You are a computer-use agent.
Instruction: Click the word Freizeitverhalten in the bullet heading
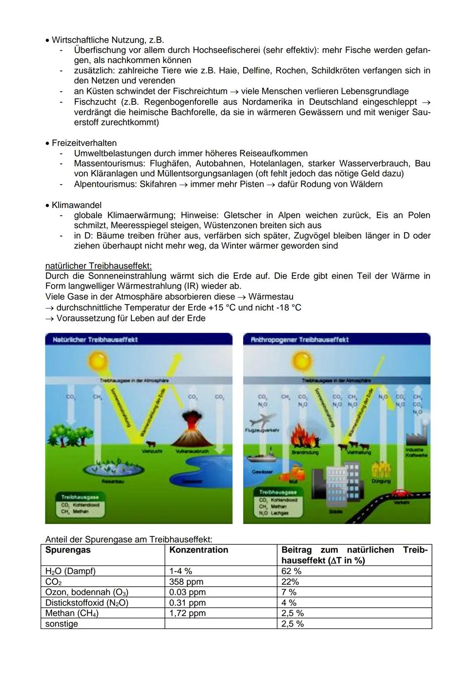coord(84,143)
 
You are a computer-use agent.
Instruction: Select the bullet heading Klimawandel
coord(77,205)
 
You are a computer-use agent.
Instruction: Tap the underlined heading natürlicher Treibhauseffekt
coord(98,266)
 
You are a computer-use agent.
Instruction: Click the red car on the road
coord(401,492)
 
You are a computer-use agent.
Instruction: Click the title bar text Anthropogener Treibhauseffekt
coord(300,339)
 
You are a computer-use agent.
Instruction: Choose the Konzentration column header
coord(199,550)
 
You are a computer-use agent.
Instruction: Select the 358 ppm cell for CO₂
coord(186,582)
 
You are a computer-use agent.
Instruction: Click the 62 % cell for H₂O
coord(291,571)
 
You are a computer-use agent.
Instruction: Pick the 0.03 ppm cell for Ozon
coord(187,592)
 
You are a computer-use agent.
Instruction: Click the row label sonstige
coord(62,624)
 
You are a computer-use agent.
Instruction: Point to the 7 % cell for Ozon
coord(289,592)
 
